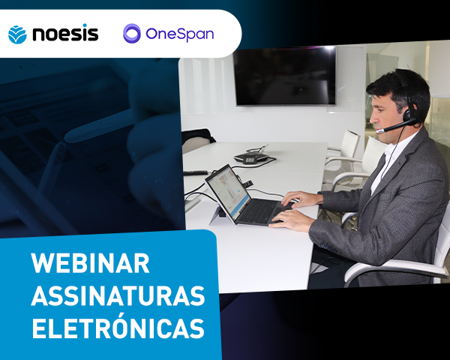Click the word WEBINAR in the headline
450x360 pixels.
[x=90, y=264]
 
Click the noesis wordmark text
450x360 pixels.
[x=64, y=34]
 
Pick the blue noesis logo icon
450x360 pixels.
[x=16, y=34]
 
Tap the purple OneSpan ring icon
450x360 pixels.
[x=132, y=34]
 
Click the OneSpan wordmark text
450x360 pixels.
[x=180, y=34]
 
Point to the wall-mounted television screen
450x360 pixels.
[x=284, y=75]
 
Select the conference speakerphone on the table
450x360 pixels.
[x=250, y=157]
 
